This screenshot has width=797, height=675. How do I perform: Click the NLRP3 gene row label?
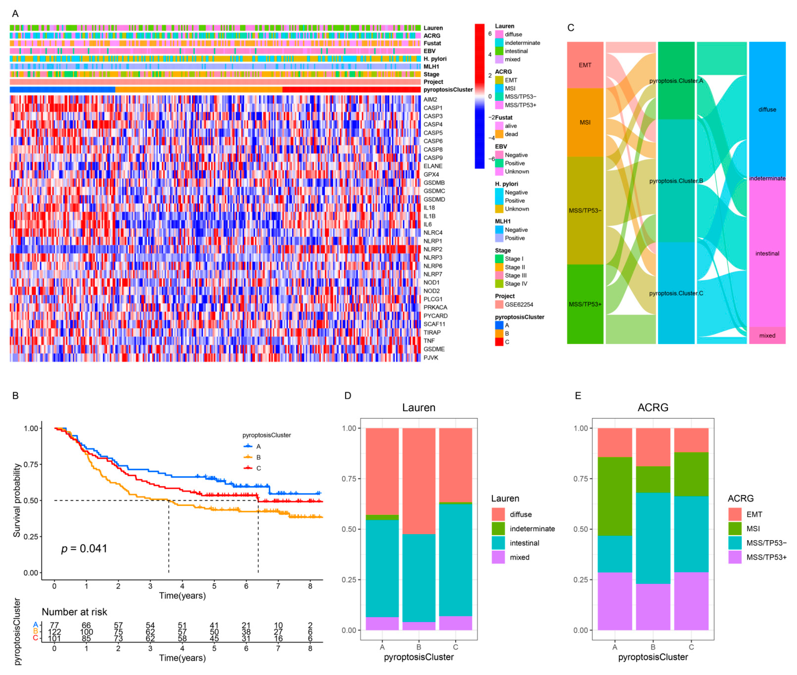[432, 257]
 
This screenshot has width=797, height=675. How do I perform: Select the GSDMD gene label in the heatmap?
[434, 199]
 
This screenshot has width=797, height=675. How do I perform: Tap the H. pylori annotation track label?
[435, 58]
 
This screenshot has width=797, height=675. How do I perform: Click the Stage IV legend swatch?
[499, 284]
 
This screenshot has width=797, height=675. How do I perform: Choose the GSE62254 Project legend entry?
[519, 305]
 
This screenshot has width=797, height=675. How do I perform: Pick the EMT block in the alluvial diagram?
[585, 65]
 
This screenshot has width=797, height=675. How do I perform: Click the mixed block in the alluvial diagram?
[767, 336]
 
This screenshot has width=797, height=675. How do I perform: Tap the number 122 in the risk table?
[54, 632]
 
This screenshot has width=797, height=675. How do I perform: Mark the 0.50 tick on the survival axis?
[31, 501]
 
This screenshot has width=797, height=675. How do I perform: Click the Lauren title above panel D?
[418, 408]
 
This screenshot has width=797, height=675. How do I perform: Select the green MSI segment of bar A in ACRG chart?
[615, 496]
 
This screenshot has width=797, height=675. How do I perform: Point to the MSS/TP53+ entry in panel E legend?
[766, 557]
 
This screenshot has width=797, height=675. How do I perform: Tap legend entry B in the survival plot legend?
[258, 457]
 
